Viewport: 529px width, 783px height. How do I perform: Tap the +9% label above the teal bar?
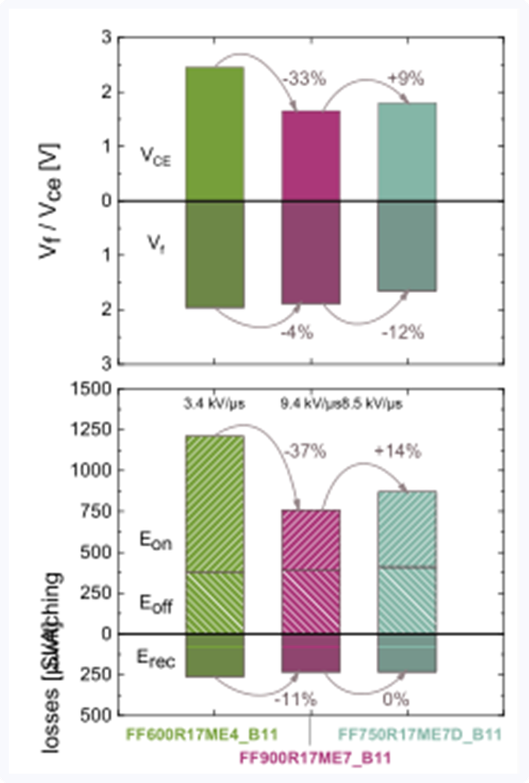tap(405, 78)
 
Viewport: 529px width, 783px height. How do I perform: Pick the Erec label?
tap(157, 662)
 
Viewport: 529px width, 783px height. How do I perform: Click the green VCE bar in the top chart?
tap(214, 133)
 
